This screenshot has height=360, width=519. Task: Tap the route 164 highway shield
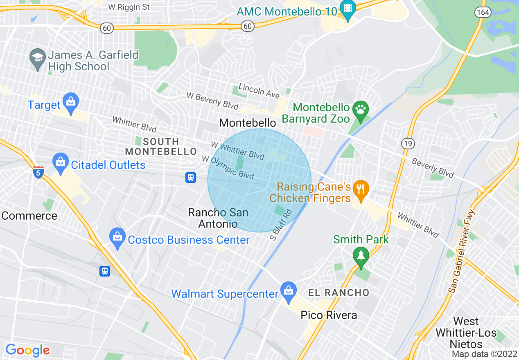[483, 12]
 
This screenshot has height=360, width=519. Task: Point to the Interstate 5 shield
[38, 172]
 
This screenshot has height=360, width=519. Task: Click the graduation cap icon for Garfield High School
[38, 59]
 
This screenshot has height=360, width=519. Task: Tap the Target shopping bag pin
[71, 103]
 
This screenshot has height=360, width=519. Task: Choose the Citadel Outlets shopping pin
[61, 163]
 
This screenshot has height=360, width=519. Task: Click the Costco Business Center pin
[118, 238]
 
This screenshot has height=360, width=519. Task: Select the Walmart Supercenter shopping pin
[289, 292]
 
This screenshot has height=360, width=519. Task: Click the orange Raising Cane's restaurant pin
[360, 190]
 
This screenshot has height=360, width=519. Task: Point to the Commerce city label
[29, 216]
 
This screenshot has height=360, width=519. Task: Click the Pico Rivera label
[329, 315]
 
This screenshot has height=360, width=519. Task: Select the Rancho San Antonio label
[218, 218]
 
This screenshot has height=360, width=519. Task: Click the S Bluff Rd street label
[281, 225]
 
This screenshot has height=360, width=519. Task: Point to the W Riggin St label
[129, 7]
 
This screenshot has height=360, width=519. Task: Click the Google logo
[27, 350]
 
